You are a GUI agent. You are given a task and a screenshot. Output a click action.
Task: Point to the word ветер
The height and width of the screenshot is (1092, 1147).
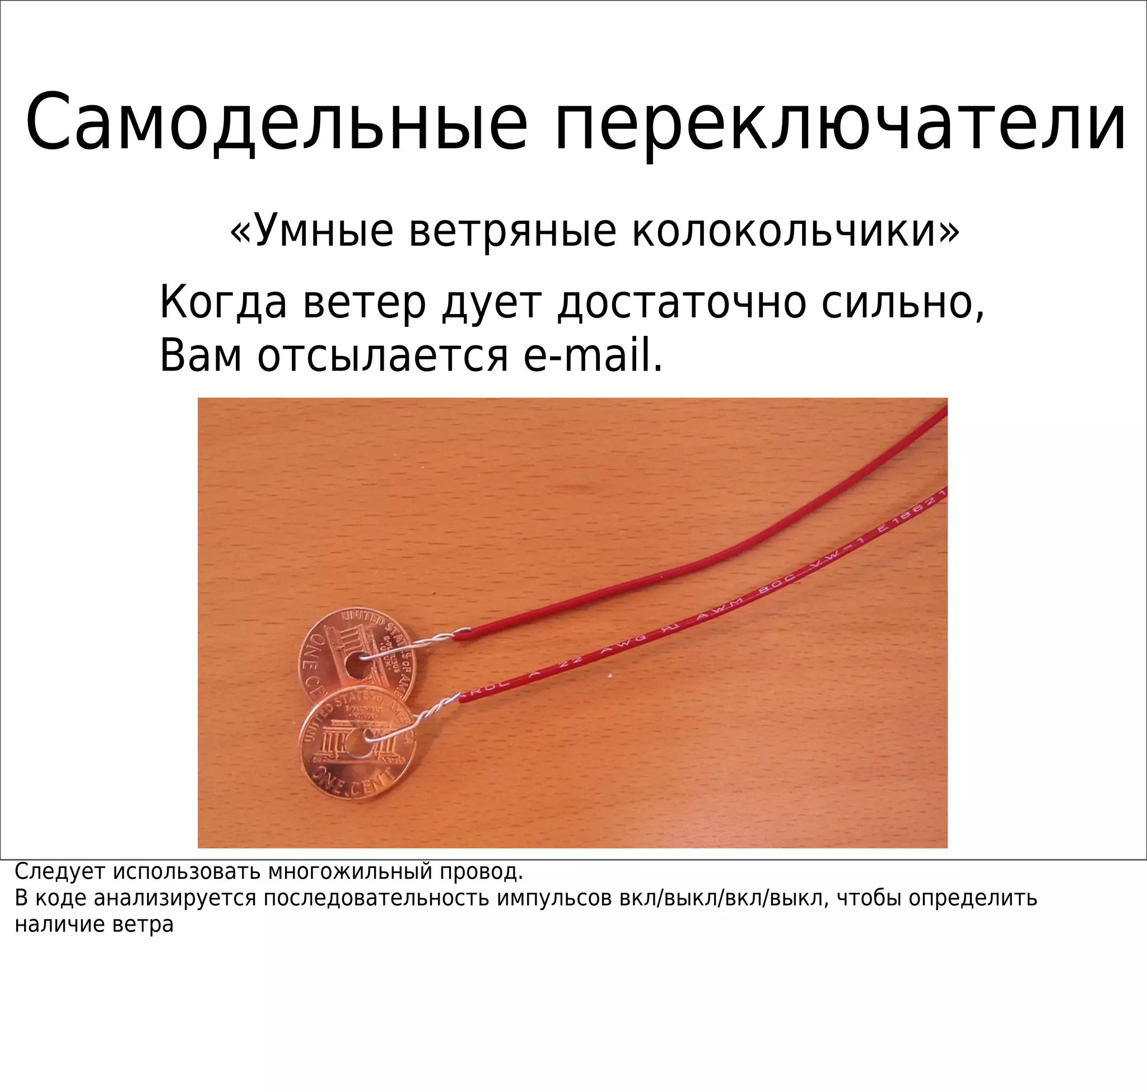coord(364,303)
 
